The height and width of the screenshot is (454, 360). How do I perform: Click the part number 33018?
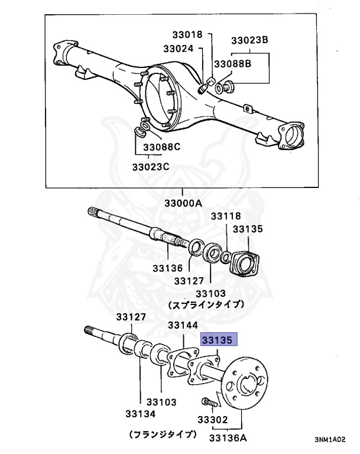coord(187,34)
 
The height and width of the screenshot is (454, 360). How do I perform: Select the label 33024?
coord(178,49)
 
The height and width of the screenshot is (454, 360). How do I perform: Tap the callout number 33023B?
coord(249,40)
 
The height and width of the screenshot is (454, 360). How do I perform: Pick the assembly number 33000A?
coord(183,203)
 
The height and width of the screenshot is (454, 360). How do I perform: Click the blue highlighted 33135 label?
coord(219,340)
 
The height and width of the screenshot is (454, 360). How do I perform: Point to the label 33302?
coord(212,420)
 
